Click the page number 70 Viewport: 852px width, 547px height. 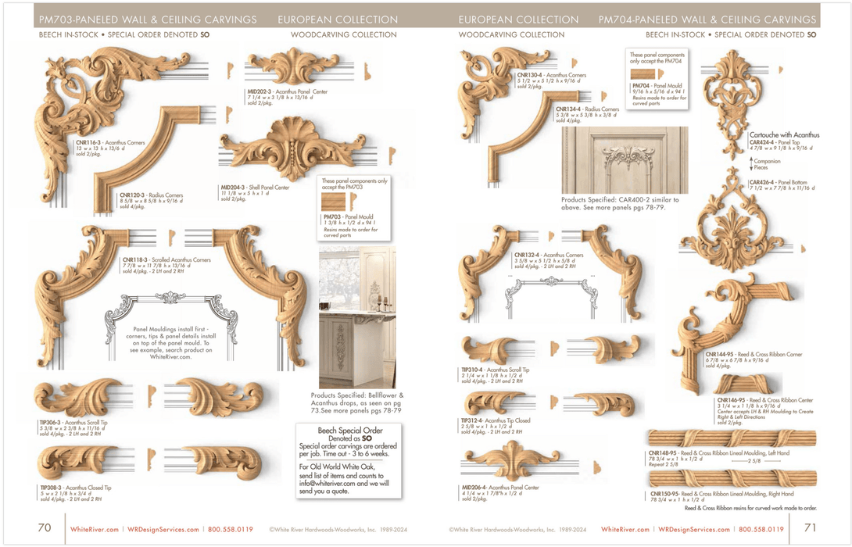click(45, 528)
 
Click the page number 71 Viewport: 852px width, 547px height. click(809, 528)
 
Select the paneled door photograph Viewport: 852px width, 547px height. click(625, 160)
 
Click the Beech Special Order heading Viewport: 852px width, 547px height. click(349, 431)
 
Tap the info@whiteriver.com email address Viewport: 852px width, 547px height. click(334, 483)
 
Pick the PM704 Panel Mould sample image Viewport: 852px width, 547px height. click(647, 73)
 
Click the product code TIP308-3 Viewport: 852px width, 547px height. click(55, 488)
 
